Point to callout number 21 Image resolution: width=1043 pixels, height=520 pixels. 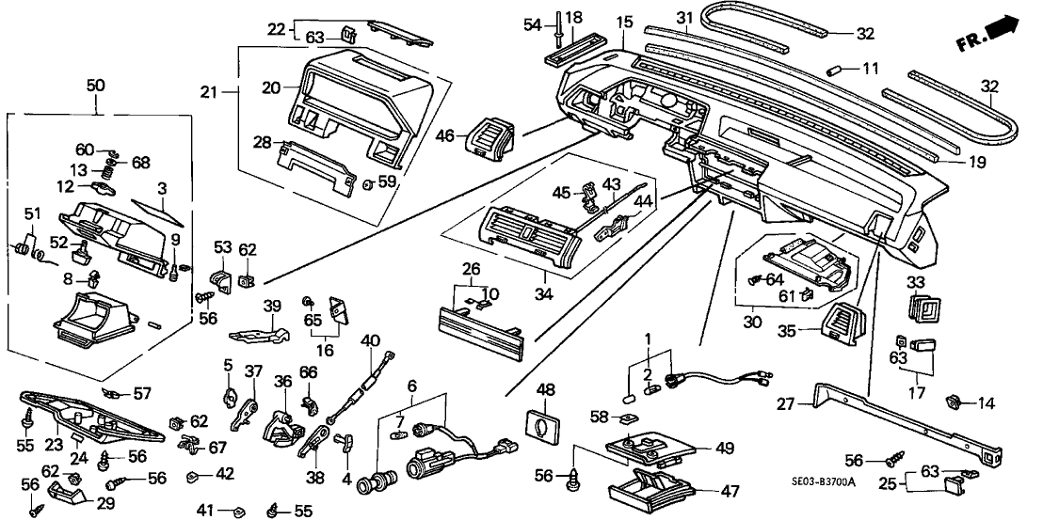click(x=208, y=91)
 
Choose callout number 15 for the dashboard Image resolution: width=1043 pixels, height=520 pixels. click(x=624, y=21)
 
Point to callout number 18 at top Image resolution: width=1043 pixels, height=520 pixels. click(x=573, y=17)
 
